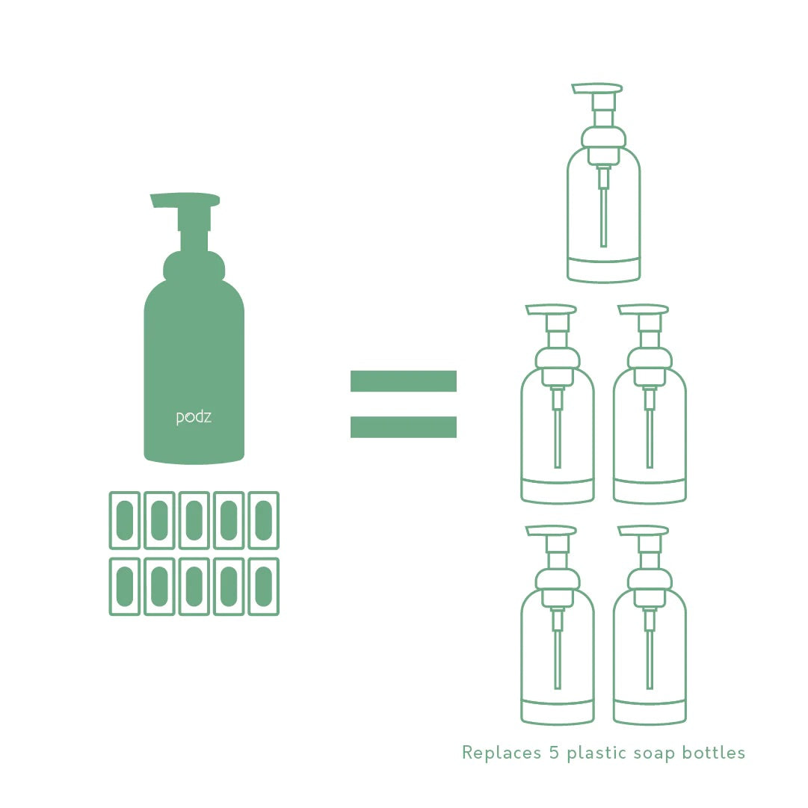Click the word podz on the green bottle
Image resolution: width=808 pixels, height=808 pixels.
pos(194,417)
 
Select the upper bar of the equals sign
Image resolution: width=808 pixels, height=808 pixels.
pos(403,381)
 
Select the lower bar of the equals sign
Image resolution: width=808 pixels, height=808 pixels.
pos(403,427)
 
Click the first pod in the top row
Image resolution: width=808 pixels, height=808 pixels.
pos(125,520)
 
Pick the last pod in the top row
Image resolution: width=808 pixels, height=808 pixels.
pos(263,520)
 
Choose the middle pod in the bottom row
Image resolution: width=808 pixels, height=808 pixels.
pos(194,587)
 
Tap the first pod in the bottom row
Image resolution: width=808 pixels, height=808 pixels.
pos(125,587)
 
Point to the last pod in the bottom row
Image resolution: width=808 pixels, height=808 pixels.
pos(263,587)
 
